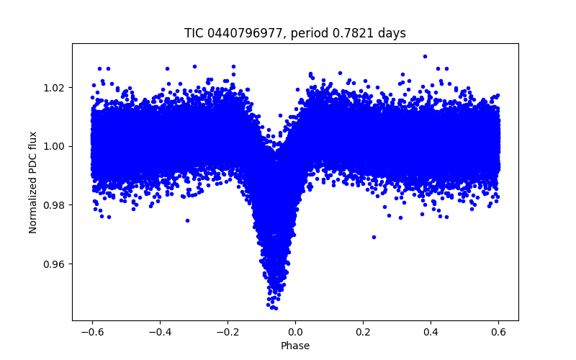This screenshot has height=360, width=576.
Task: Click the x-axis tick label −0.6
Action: [91, 332]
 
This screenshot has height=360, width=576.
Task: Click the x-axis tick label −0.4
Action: [159, 332]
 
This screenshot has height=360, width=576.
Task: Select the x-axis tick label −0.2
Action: [227, 332]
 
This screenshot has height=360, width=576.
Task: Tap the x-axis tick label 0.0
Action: [295, 332]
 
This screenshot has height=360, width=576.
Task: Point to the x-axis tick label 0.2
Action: [363, 332]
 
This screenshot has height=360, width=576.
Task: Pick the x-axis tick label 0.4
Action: [431, 332]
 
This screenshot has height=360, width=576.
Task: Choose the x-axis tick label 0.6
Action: [498, 332]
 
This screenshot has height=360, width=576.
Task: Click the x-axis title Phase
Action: [295, 346]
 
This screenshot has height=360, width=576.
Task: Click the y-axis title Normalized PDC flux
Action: [33, 181]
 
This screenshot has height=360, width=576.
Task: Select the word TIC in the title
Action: [194, 33]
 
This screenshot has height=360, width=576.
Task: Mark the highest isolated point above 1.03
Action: [425, 56]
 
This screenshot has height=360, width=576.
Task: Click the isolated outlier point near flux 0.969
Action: [374, 237]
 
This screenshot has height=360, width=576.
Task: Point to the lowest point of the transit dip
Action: [274, 308]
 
